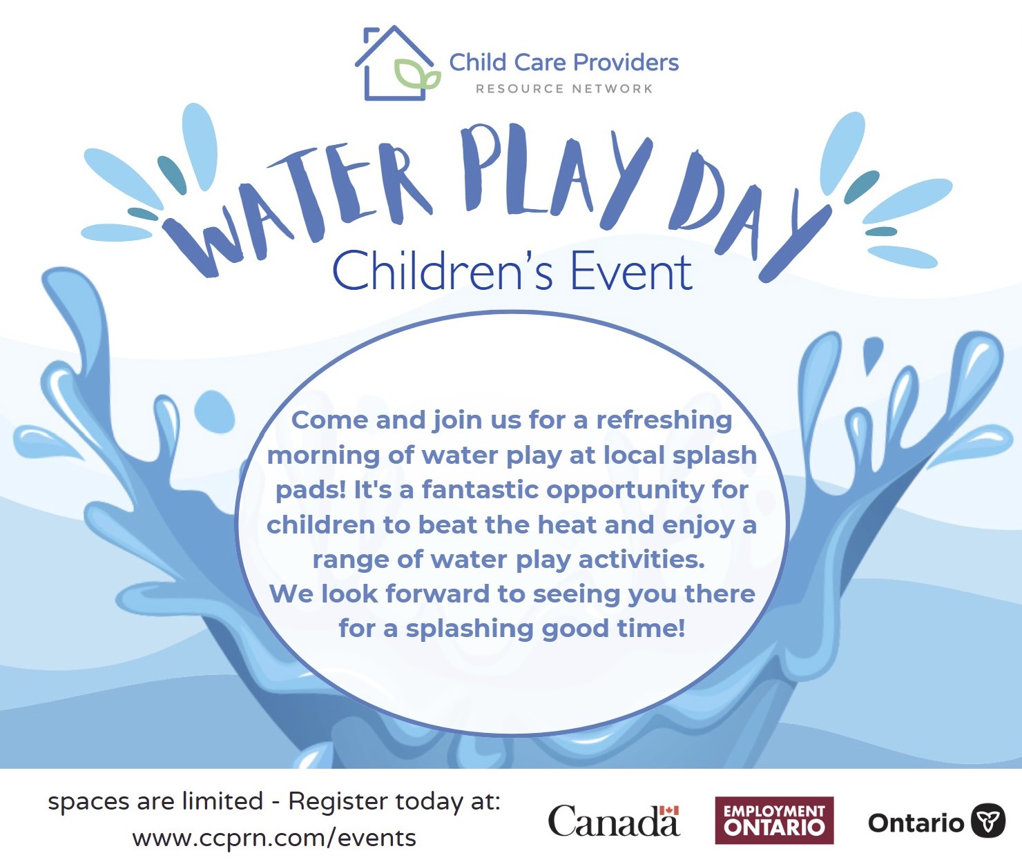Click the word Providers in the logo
click(626, 63)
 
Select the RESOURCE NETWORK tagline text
click(564, 89)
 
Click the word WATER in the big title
click(293, 206)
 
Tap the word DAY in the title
click(749, 215)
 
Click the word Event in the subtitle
click(631, 271)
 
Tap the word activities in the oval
click(642, 559)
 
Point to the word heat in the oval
click(568, 525)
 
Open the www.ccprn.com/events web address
click(274, 839)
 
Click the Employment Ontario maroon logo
click(774, 821)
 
